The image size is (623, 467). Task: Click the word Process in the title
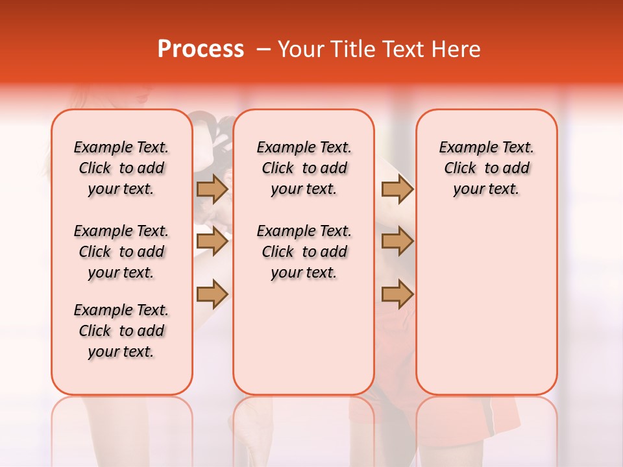[x=201, y=49]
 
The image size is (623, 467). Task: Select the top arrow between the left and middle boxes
[x=212, y=189]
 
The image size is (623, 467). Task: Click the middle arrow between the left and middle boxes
[x=212, y=241]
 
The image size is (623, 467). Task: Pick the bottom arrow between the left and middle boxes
[x=212, y=294]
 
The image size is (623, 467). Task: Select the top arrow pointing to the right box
[x=397, y=189]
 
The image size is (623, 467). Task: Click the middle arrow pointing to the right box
[x=397, y=241]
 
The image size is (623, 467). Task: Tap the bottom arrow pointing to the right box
[x=397, y=294]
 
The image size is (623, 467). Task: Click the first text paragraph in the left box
[x=121, y=168]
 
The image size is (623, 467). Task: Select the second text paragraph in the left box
[x=121, y=252]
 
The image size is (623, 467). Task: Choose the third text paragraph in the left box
[x=121, y=331]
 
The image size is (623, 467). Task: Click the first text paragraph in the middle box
[x=304, y=168]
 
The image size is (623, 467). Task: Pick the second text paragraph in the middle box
[x=304, y=252]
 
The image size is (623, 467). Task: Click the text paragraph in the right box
[x=486, y=168]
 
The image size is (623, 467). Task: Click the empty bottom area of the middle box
[x=304, y=344]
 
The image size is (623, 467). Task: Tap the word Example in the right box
[x=462, y=147]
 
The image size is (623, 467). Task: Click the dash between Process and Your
[x=263, y=49]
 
